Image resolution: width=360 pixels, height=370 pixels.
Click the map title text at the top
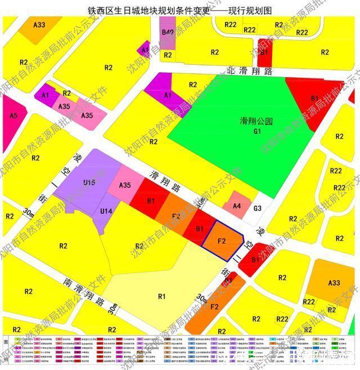180,10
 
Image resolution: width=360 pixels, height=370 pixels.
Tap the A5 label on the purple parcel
14,116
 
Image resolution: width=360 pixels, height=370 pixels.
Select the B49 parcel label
167,33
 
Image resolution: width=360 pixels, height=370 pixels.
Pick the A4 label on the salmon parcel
237,206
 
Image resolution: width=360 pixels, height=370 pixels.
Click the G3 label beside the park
258,208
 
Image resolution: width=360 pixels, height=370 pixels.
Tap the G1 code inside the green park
257,131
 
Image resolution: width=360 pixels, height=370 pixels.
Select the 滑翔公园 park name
256,121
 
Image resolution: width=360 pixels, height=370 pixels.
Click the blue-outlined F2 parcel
222,240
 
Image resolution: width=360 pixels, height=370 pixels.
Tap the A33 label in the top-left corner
39,25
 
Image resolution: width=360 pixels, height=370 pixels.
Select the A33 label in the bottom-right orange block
334,283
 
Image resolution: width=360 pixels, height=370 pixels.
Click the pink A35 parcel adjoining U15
125,185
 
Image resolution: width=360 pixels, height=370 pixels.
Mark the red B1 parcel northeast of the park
314,99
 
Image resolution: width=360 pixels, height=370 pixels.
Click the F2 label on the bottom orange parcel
214,307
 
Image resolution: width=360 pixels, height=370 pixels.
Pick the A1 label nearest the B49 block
145,50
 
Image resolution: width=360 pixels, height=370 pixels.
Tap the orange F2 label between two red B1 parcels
175,216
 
